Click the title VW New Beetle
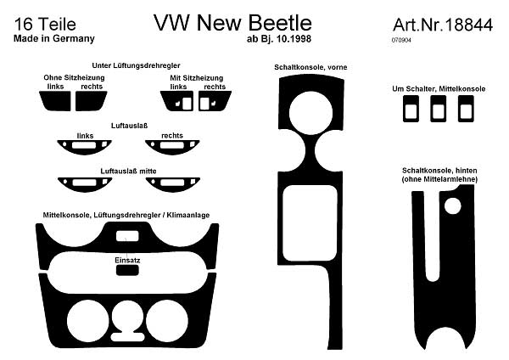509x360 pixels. [232, 23]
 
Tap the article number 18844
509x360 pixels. [469, 25]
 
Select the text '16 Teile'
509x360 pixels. [45, 25]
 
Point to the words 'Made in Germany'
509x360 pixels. [54, 38]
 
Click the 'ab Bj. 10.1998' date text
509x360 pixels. [279, 39]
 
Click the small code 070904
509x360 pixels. [401, 40]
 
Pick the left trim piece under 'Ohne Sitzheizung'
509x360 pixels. [55, 101]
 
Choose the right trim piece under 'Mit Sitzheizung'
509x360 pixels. [215, 101]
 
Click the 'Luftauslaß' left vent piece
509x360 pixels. [84, 148]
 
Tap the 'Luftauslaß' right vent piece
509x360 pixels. [172, 148]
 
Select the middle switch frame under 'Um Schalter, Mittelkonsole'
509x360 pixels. [439, 109]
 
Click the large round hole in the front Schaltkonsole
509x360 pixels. [310, 113]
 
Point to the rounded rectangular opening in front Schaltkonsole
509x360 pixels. [310, 223]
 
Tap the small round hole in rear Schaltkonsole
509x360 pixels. [452, 206]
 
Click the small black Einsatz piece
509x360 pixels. [127, 270]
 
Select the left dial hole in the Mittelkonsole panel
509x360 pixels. [87, 321]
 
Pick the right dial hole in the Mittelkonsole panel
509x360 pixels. [167, 321]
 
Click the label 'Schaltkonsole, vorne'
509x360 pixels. [310, 67]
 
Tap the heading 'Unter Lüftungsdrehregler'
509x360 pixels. [136, 65]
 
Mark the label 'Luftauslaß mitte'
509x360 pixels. [129, 171]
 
